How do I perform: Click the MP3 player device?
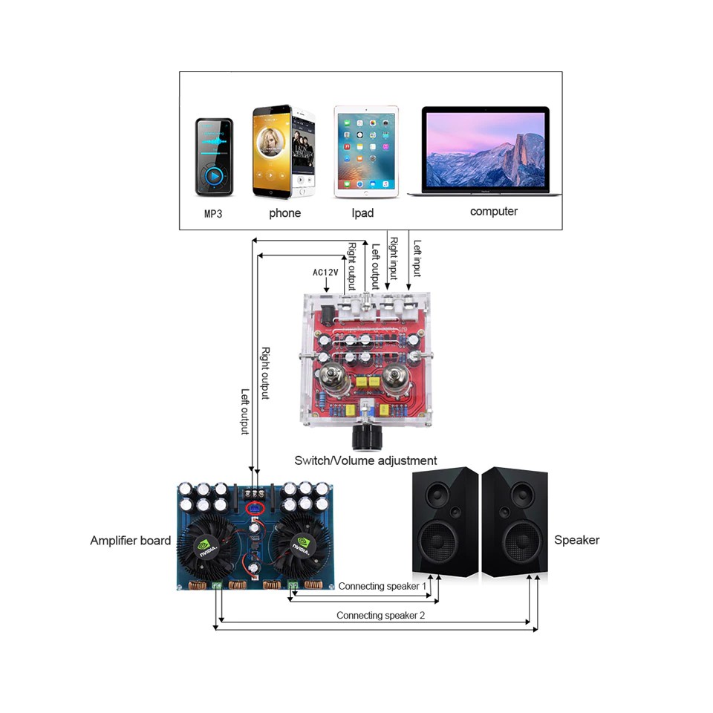click(214, 157)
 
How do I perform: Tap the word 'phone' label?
click(284, 213)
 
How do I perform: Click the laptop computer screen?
click(484, 149)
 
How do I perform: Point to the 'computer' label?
click(493, 212)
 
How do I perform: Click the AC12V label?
click(325, 272)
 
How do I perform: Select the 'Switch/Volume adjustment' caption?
click(365, 460)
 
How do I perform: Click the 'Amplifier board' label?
click(130, 541)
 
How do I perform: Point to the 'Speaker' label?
click(576, 540)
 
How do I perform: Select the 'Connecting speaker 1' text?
click(382, 586)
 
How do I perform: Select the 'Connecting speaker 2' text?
click(380, 615)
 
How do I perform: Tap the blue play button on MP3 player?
click(214, 177)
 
